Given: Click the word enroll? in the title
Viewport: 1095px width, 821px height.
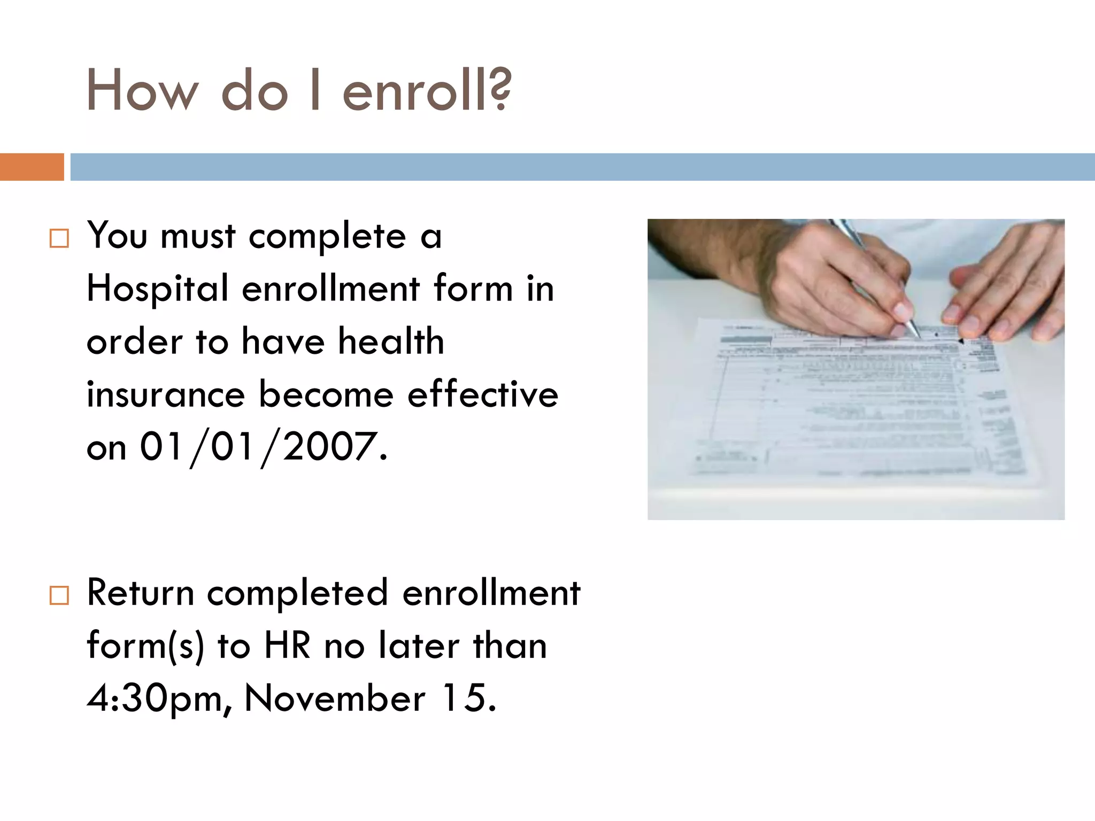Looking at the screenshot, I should click(x=427, y=91).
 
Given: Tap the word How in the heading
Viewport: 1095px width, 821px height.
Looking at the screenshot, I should click(x=142, y=91).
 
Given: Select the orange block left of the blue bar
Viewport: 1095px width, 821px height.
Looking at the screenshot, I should click(x=32, y=167).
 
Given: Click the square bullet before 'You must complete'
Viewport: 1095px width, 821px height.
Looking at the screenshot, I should click(x=59, y=238).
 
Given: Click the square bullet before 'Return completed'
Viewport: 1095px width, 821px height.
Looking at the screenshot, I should click(x=59, y=595).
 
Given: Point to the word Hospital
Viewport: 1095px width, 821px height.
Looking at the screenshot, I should click(x=158, y=289).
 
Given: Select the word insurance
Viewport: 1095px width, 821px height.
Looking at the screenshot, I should click(x=166, y=394).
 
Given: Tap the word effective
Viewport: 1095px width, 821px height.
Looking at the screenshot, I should click(x=483, y=394).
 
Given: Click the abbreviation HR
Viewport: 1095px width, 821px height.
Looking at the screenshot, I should click(x=287, y=646).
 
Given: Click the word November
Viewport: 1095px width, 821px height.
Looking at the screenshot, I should click(x=335, y=698).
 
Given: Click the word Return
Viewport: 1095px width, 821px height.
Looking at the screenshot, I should click(x=140, y=593).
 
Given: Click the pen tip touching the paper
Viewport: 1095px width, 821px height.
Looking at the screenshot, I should click(x=917, y=335).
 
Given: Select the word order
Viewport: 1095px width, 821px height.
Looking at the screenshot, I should click(x=134, y=342).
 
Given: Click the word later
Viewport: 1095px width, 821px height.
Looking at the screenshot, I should click(x=419, y=646).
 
